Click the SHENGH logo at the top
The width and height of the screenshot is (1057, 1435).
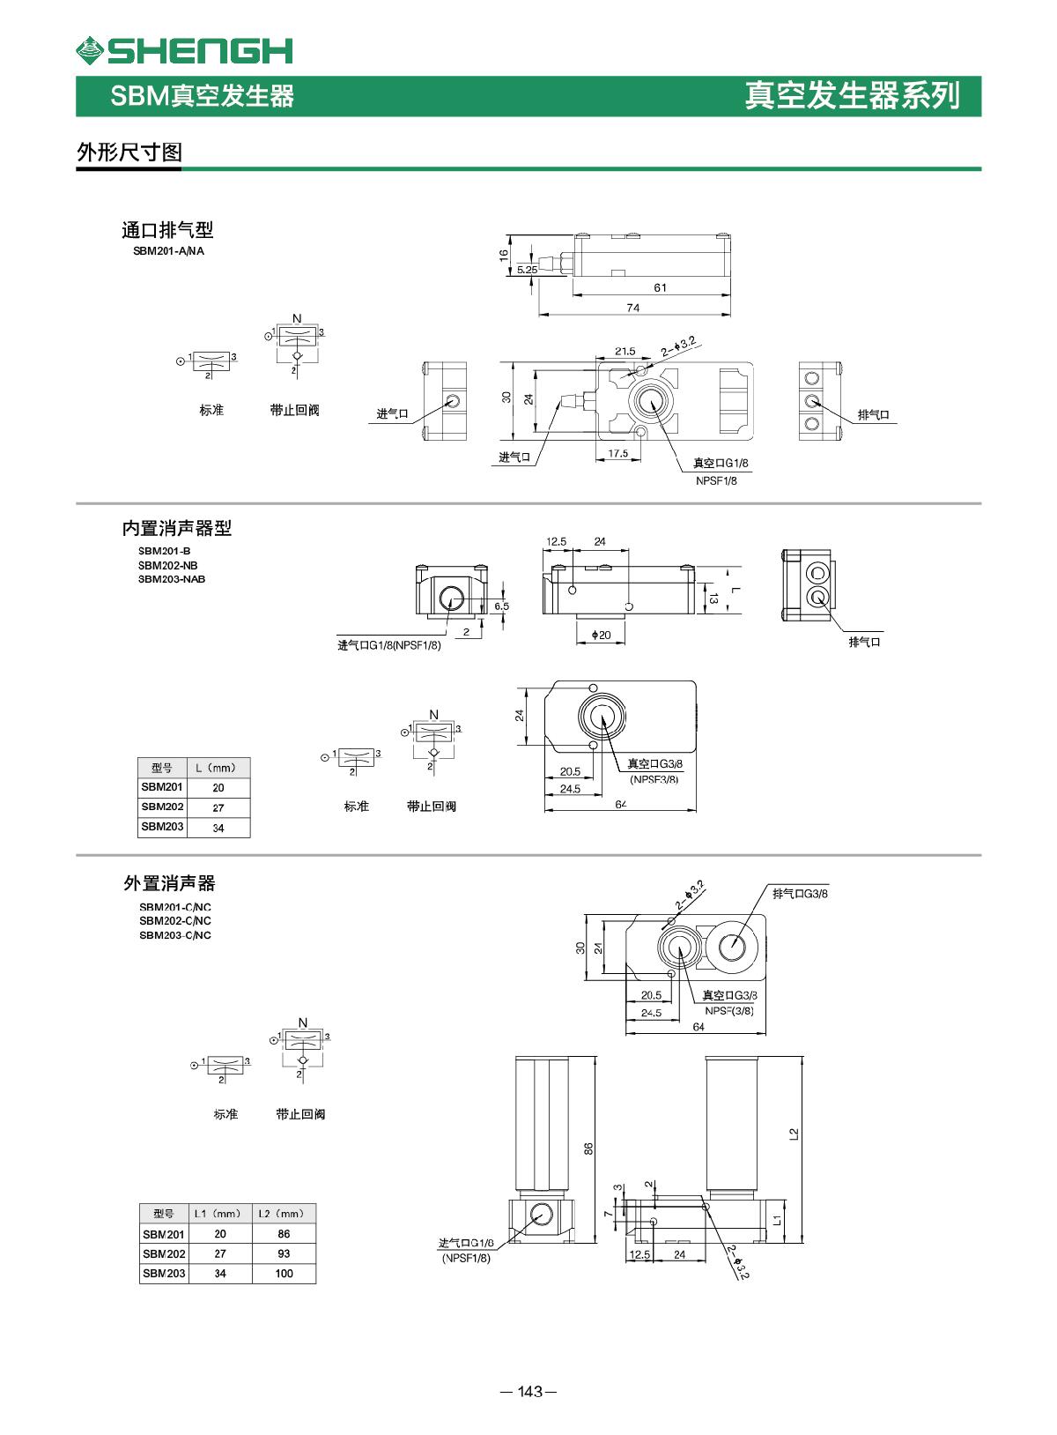pos(184,51)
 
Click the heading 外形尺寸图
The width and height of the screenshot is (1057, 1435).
pos(129,152)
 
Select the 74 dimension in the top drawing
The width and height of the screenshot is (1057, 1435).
pos(633,308)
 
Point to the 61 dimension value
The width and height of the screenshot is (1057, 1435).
pos(661,287)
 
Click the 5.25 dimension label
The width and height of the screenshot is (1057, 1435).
pos(527,270)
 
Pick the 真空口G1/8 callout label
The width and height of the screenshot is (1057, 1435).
pos(726,463)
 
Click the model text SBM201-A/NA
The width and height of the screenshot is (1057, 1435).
pos(168,251)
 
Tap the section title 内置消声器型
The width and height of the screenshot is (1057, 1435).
pos(176,528)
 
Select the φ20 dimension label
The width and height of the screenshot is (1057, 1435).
pos(602,635)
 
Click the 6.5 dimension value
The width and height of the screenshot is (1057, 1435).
pos(501,606)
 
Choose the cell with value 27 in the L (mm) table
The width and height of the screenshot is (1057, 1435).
pos(218,807)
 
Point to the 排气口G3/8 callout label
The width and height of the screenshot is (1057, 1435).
pos(800,894)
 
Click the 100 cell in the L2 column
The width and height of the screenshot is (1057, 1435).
pos(284,1274)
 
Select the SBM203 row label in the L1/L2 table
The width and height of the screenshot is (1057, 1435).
pos(164,1274)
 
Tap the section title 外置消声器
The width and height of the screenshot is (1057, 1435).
pos(168,883)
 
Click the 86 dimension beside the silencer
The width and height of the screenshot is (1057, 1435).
pos(589,1148)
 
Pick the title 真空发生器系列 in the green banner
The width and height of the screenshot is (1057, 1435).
pos(852,95)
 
